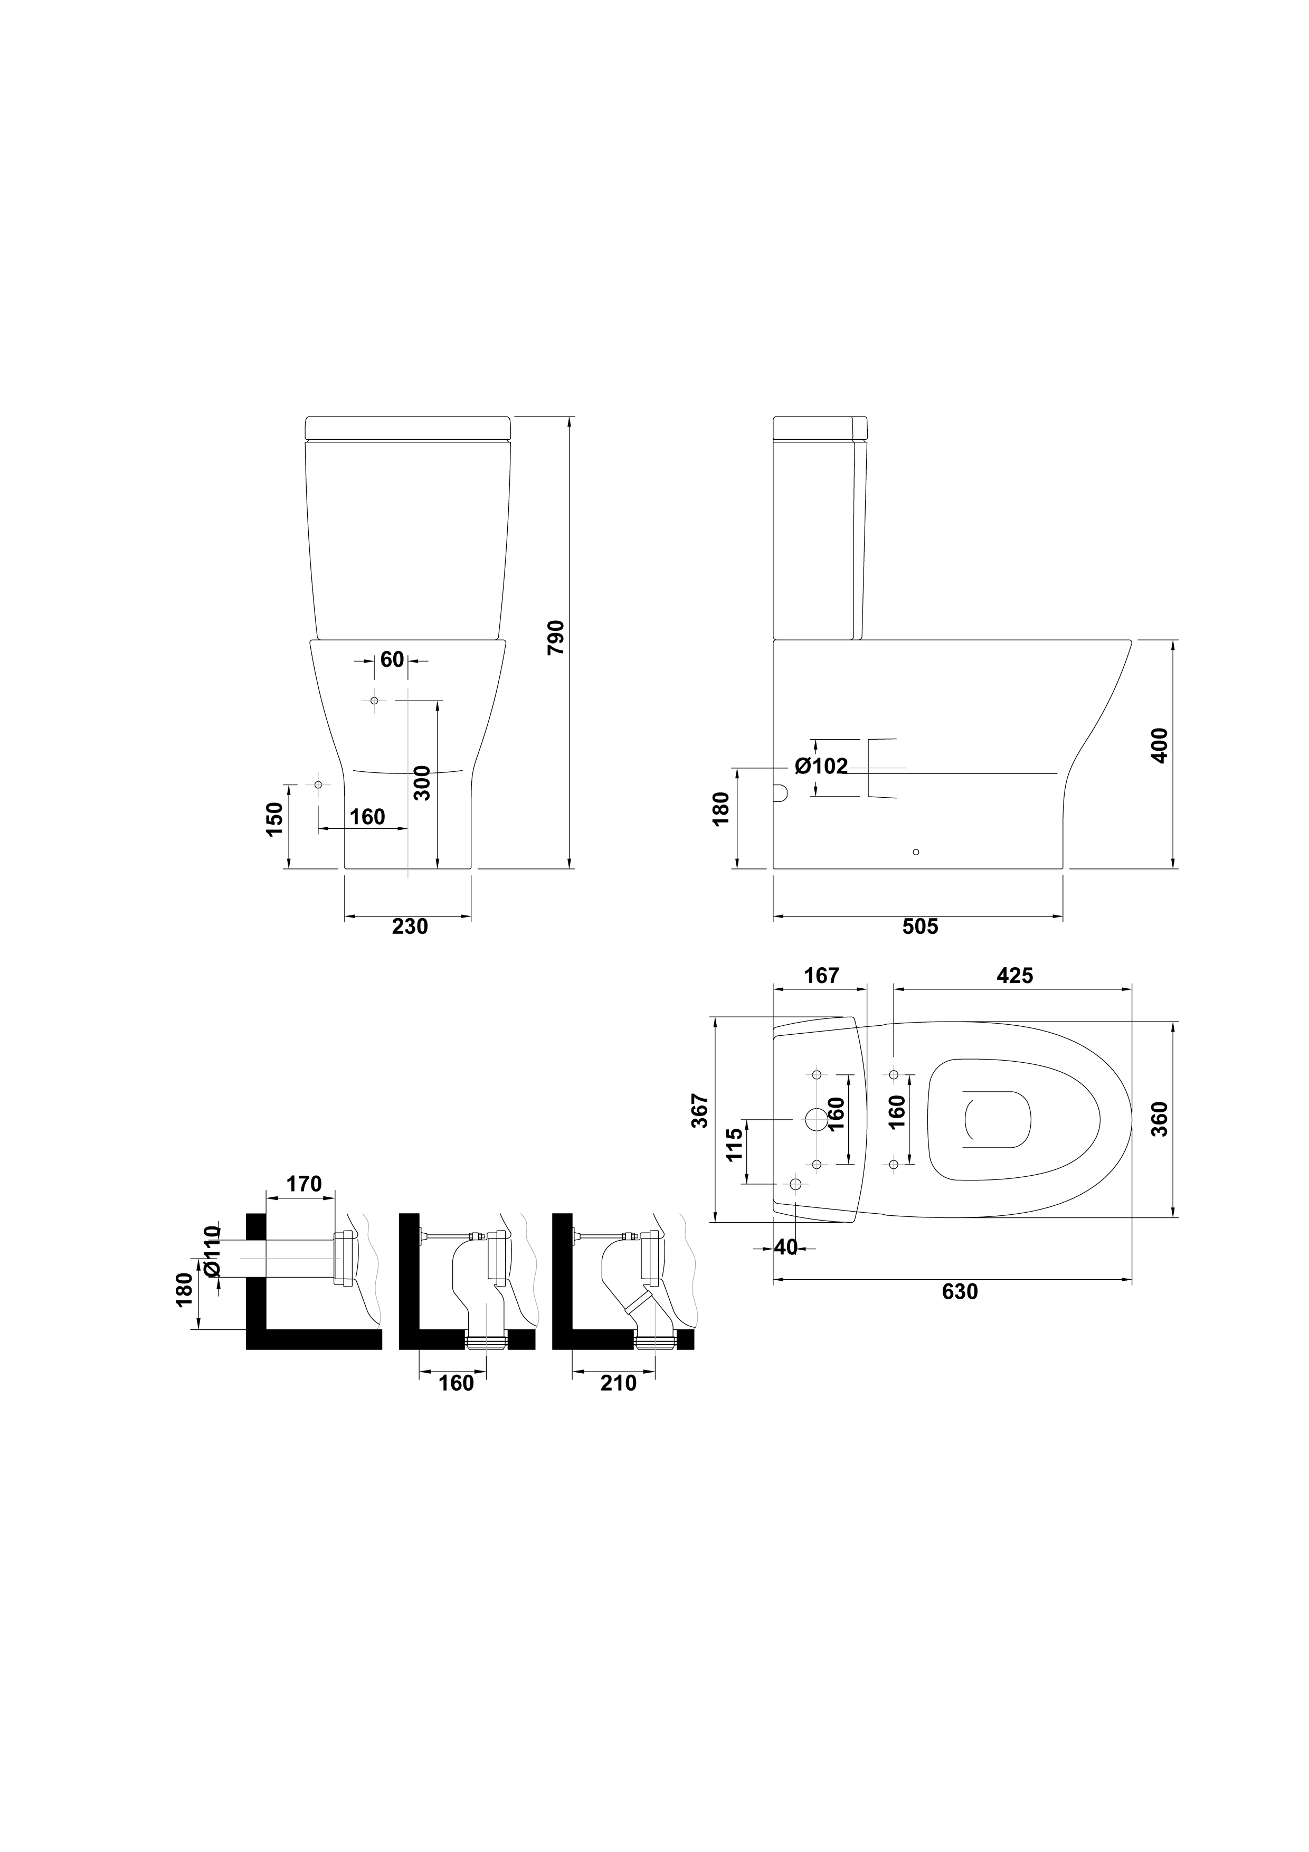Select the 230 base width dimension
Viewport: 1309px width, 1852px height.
(x=410, y=927)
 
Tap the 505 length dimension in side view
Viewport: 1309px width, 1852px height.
(x=920, y=927)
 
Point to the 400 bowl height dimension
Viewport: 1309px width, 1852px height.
(x=1159, y=746)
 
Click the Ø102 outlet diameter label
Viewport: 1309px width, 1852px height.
(x=821, y=766)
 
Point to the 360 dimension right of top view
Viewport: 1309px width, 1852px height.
(x=1159, y=1119)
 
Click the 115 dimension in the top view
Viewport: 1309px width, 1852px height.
(x=734, y=1145)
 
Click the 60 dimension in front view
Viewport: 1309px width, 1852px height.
(x=392, y=659)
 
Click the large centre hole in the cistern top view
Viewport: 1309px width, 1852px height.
(x=816, y=1119)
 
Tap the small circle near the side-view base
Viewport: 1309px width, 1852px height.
(x=915, y=852)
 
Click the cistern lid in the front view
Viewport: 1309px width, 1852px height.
(x=408, y=428)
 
